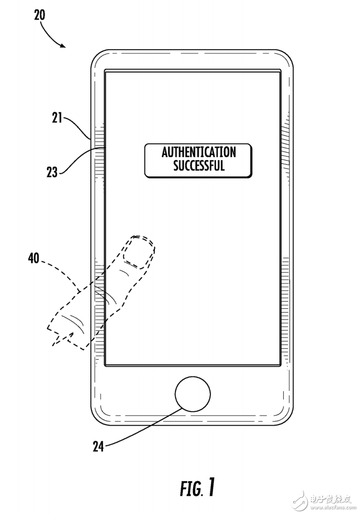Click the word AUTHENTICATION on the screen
(x=199, y=152)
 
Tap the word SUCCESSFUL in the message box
(x=199, y=165)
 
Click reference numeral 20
(x=40, y=15)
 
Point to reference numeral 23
(x=52, y=172)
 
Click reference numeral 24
(x=98, y=447)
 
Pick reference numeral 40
(x=34, y=258)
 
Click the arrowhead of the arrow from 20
(x=62, y=45)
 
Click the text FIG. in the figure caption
(x=191, y=489)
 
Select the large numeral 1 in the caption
(x=211, y=487)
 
